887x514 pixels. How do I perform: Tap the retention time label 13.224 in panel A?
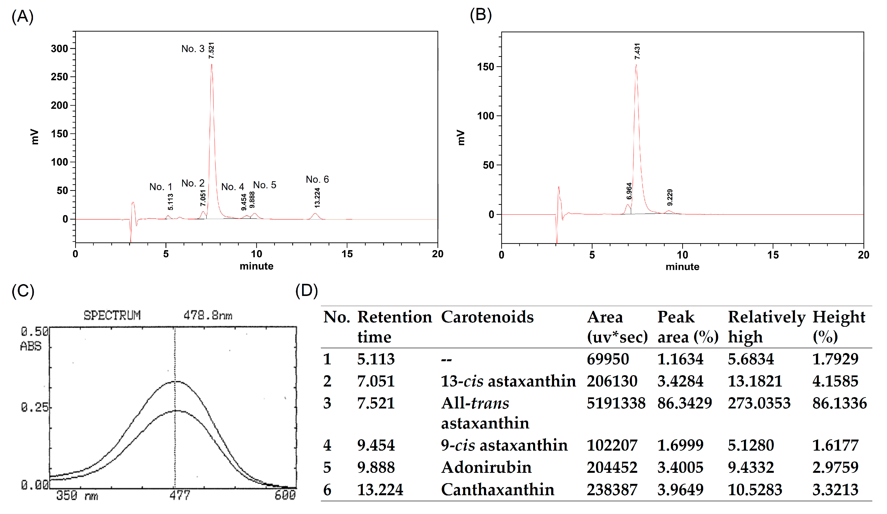[x=317, y=198]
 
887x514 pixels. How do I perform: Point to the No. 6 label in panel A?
[x=317, y=180]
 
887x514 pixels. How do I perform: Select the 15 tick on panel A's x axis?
[x=347, y=254]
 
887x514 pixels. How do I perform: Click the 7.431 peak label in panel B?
[x=637, y=51]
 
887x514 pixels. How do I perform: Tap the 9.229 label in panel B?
[x=670, y=198]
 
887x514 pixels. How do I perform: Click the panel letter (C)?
[x=23, y=292]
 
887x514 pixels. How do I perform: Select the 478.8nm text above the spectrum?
[x=208, y=315]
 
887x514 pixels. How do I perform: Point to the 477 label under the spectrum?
[x=179, y=496]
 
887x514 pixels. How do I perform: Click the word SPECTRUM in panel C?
[x=112, y=315]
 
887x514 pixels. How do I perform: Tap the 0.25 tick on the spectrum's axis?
[x=34, y=407]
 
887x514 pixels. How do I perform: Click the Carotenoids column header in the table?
[x=487, y=317]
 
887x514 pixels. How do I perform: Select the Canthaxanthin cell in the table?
[x=497, y=490]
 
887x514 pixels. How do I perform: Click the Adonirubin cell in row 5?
[x=486, y=467]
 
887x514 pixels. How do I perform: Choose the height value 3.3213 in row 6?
[x=835, y=490]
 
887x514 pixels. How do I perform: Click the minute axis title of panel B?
[x=682, y=267]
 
